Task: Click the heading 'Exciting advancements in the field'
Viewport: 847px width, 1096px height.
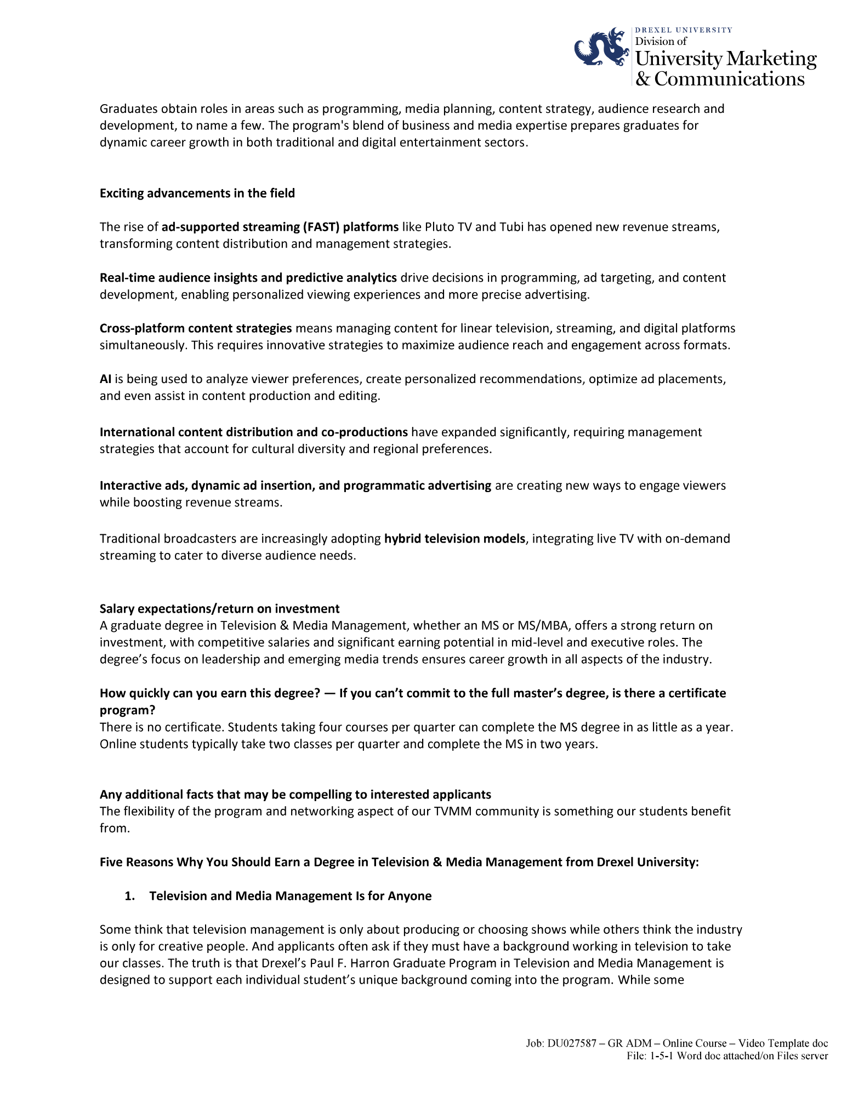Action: click(197, 193)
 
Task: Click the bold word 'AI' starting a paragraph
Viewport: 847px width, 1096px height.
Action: click(105, 379)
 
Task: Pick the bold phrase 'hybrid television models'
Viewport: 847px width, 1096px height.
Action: click(454, 539)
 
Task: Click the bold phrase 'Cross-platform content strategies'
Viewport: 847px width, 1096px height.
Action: click(196, 328)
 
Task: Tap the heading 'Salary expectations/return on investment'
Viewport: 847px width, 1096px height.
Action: click(219, 609)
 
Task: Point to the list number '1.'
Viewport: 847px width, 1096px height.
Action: click(130, 896)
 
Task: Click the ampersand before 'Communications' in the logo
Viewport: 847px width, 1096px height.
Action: click(643, 79)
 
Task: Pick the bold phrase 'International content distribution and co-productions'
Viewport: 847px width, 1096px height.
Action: click(254, 432)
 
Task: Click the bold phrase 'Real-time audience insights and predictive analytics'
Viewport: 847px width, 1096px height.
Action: click(248, 278)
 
